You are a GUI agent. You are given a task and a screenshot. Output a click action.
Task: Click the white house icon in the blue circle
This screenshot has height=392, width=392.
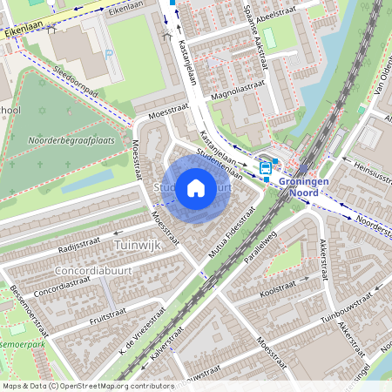pyautogui.click(x=196, y=188)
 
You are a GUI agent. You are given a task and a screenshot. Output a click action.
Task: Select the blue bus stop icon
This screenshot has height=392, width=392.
pyautogui.click(x=265, y=167)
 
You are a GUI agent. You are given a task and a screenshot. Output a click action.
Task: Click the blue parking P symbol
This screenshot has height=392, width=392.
pyautogui.click(x=109, y=54)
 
